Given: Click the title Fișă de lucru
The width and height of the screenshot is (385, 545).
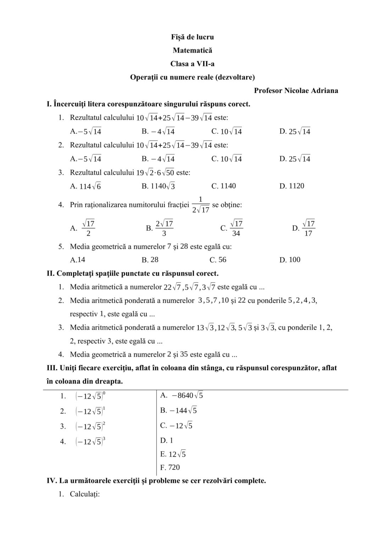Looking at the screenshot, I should pyautogui.click(x=192, y=37).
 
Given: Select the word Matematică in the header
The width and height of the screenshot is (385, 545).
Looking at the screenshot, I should pyautogui.click(x=192, y=50).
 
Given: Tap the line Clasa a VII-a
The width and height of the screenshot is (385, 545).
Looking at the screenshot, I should pyautogui.click(x=192, y=64).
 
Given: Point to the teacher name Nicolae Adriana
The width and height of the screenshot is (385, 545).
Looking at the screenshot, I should pyautogui.click(x=311, y=90).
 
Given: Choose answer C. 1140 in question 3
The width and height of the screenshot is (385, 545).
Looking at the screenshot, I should pyautogui.click(x=223, y=186).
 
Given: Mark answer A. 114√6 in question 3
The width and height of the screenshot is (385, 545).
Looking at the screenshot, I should pyautogui.click(x=85, y=186).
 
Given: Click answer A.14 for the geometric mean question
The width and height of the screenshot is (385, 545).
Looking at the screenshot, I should pyautogui.click(x=78, y=260).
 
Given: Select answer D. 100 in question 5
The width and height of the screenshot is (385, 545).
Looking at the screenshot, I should pyautogui.click(x=290, y=260).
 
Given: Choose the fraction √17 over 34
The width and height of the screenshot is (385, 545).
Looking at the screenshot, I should pyautogui.click(x=236, y=228).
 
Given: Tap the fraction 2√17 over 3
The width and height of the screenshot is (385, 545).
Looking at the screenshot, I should pyautogui.click(x=164, y=228).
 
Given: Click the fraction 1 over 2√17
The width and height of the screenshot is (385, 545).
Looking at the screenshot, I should pyautogui.click(x=200, y=205).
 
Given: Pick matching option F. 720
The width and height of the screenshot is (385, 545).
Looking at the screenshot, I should pyautogui.click(x=170, y=467).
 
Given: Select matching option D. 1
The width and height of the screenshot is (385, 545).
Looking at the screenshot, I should pyautogui.click(x=167, y=440).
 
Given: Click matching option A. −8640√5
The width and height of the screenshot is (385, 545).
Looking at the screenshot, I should pyautogui.click(x=182, y=396).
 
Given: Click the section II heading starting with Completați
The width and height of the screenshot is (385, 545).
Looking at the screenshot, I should pyautogui.click(x=133, y=273).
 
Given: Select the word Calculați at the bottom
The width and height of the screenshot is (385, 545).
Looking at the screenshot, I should pyautogui.click(x=85, y=494).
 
